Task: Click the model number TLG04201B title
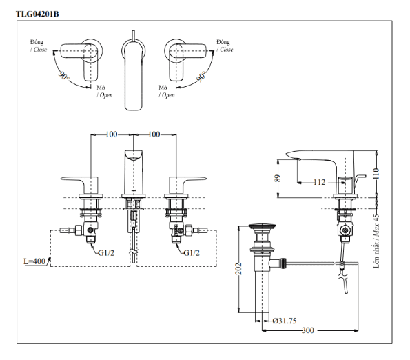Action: coord(37,14)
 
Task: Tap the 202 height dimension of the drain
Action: coord(238,268)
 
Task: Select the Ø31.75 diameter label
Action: coord(284,321)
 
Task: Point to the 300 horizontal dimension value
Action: coord(308,330)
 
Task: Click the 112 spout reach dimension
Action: coord(319,182)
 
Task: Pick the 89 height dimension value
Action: coord(278,178)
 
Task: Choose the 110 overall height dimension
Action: coord(376,174)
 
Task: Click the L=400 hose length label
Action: coord(34,261)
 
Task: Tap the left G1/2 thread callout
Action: coord(106,252)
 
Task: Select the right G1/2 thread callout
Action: coord(192,252)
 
